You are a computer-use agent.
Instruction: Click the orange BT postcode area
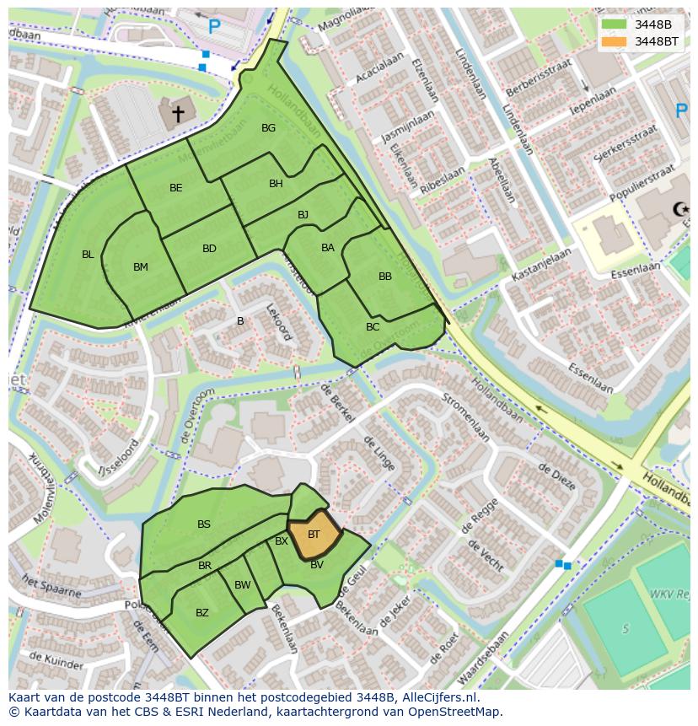(x=314, y=535)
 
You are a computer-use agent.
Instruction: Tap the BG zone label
(x=268, y=128)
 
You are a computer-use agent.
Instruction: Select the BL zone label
(x=88, y=254)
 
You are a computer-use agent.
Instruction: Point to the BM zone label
(x=140, y=267)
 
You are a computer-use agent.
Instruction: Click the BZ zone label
(x=201, y=613)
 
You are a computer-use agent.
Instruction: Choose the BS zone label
(x=204, y=524)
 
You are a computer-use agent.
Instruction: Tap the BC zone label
(x=373, y=327)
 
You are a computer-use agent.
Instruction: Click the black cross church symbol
(x=178, y=112)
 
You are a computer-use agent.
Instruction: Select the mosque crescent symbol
(x=677, y=209)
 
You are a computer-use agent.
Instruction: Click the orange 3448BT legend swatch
(x=615, y=41)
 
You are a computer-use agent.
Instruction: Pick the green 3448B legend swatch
(x=615, y=24)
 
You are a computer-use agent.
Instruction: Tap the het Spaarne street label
(x=52, y=587)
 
